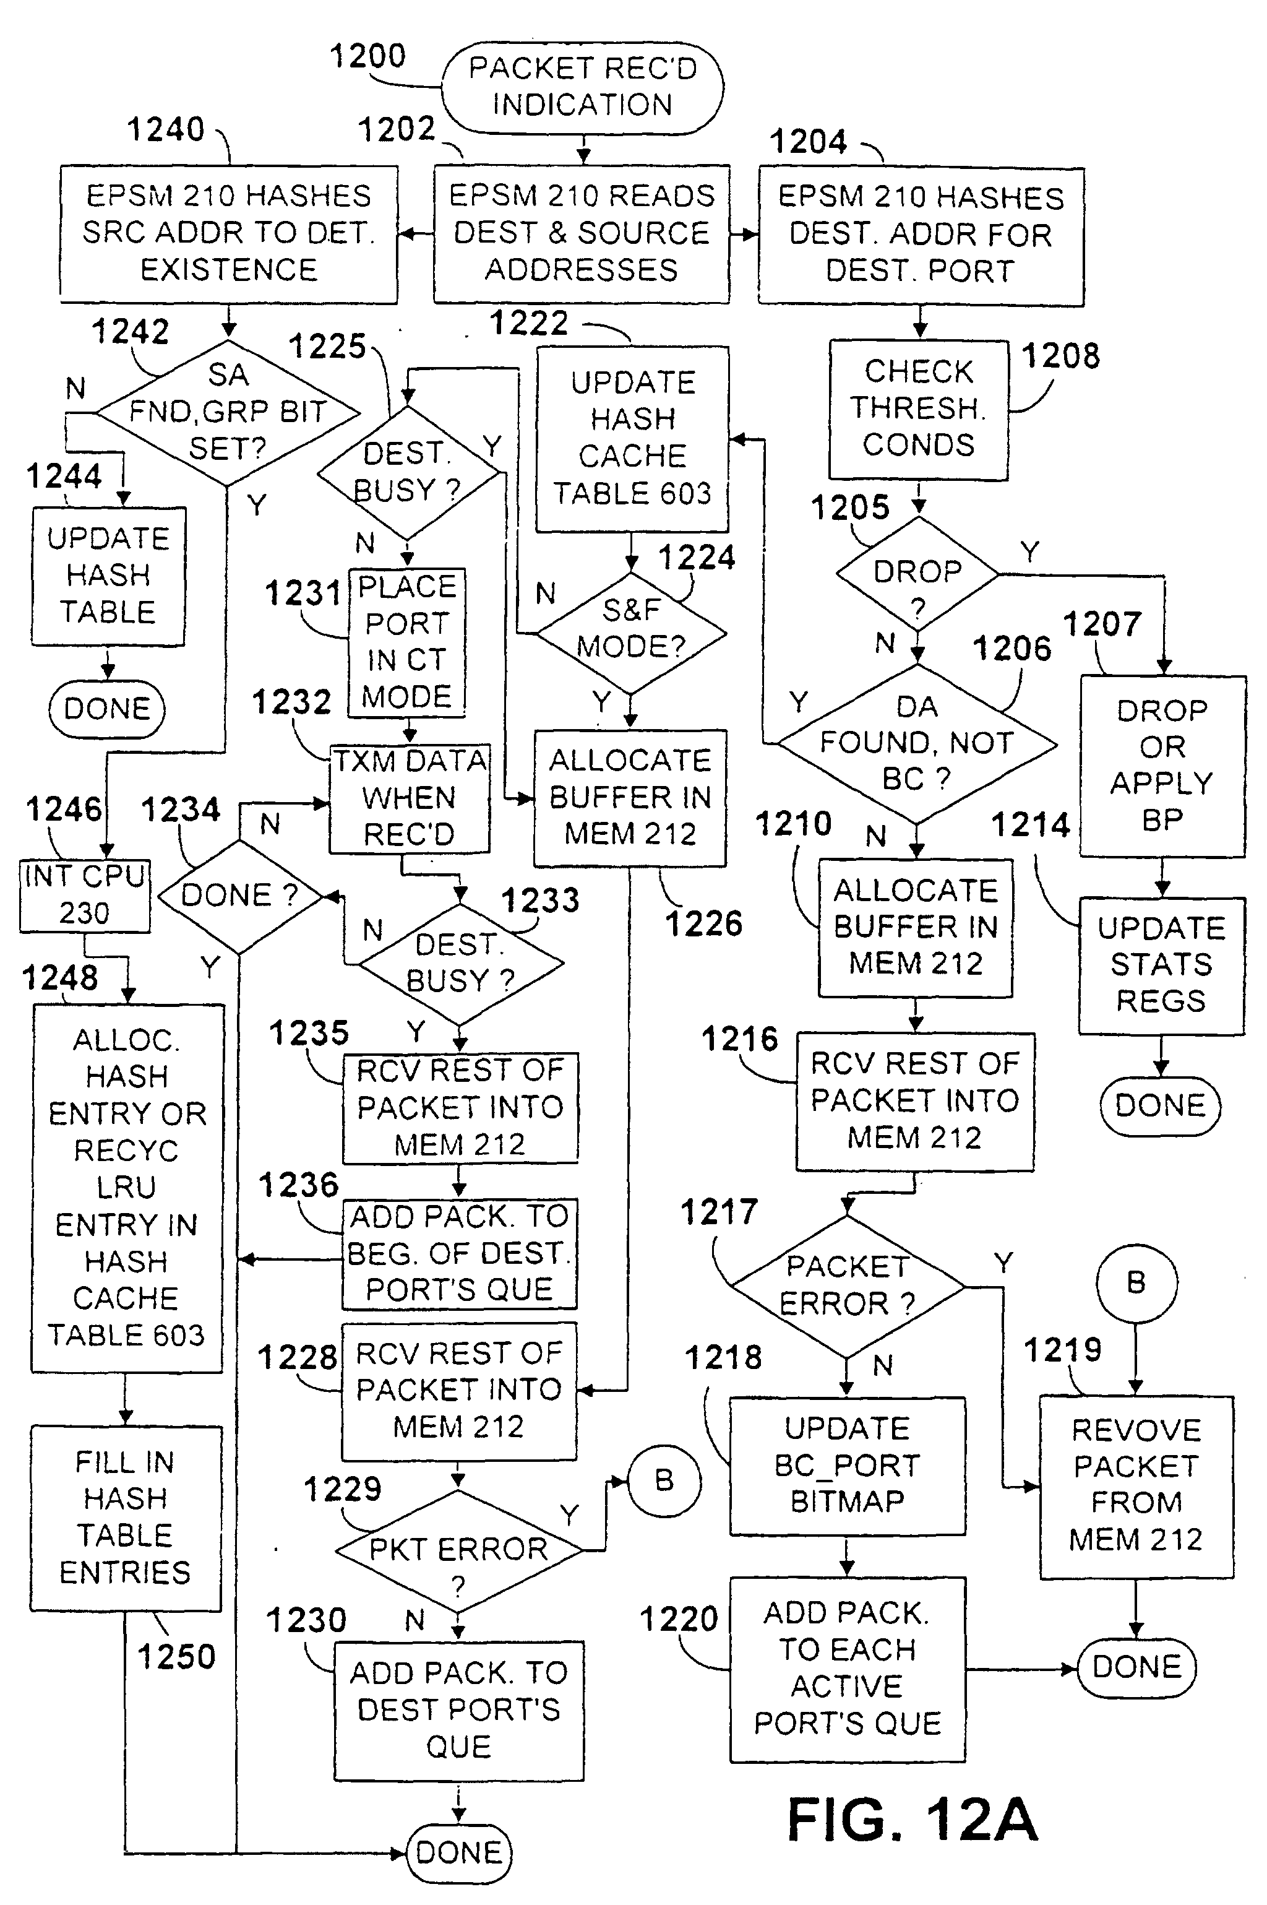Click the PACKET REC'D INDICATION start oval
coord(582,87)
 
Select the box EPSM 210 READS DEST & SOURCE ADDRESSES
coord(581,233)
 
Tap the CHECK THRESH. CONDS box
coord(919,409)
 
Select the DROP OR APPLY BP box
coord(1162,766)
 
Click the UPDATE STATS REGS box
coord(1161,965)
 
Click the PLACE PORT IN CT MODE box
coord(406,642)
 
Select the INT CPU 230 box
coord(85,896)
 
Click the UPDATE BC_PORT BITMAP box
coord(847,1466)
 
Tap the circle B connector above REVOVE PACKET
coord(1136,1282)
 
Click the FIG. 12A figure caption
coord(913,1820)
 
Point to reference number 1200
coord(367,56)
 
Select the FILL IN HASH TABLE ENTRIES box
coord(125,1518)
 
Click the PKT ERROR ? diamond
coord(458,1550)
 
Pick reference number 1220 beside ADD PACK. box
coord(679,1620)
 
